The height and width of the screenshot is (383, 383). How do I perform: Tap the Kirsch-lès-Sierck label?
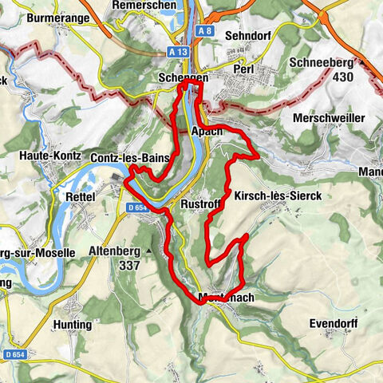pos(278,195)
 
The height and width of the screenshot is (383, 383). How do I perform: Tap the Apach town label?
pos(206,132)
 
